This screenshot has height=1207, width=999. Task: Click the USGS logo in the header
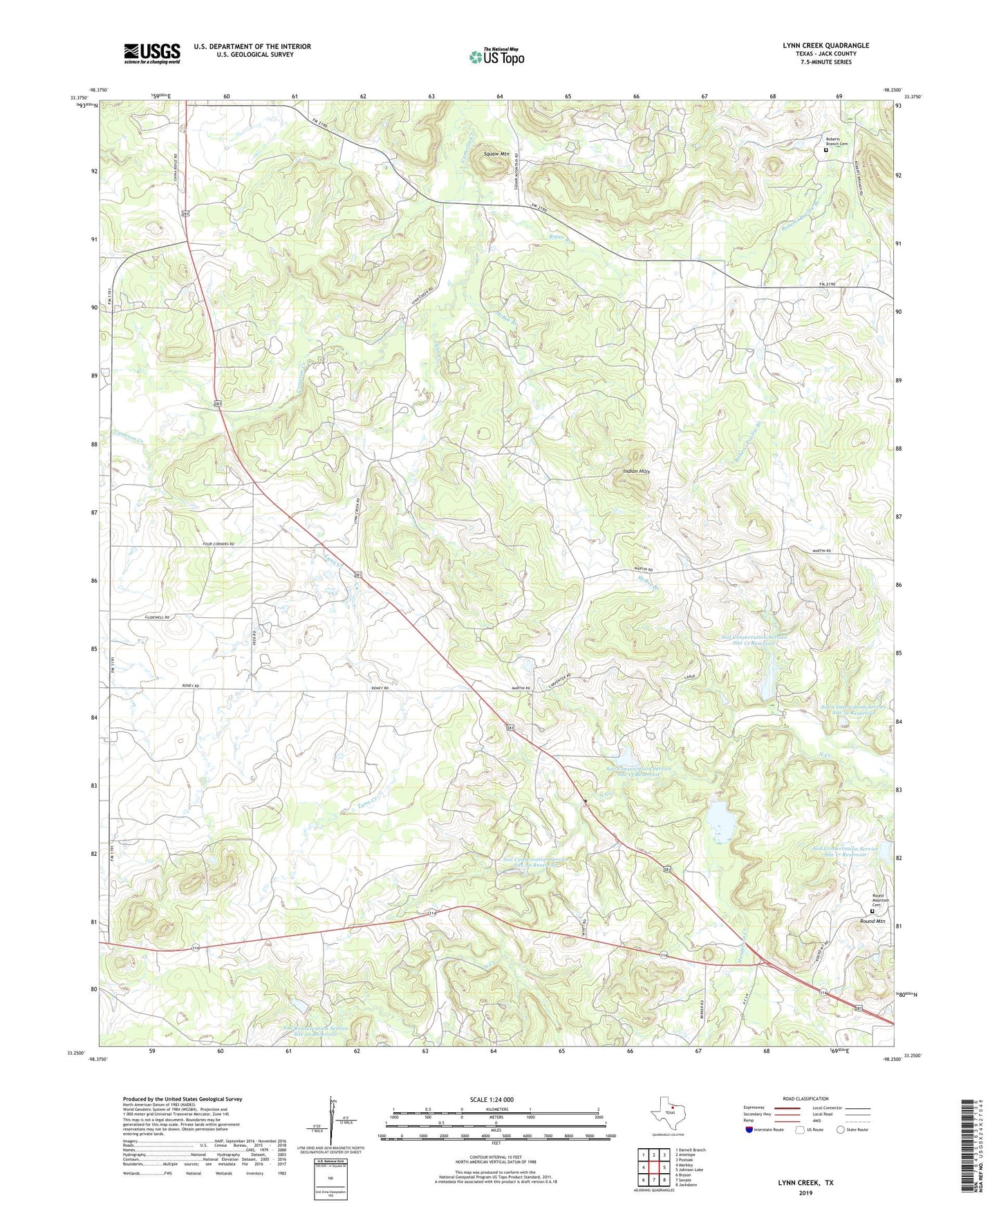(152, 53)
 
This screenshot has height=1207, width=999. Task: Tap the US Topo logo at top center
(496, 57)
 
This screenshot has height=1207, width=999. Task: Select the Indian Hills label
(636, 471)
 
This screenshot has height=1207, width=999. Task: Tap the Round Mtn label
(872, 921)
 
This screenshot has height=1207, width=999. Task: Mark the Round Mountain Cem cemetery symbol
(872, 912)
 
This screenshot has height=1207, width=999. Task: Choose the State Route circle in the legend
(841, 1130)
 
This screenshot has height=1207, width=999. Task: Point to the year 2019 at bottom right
(805, 1192)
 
